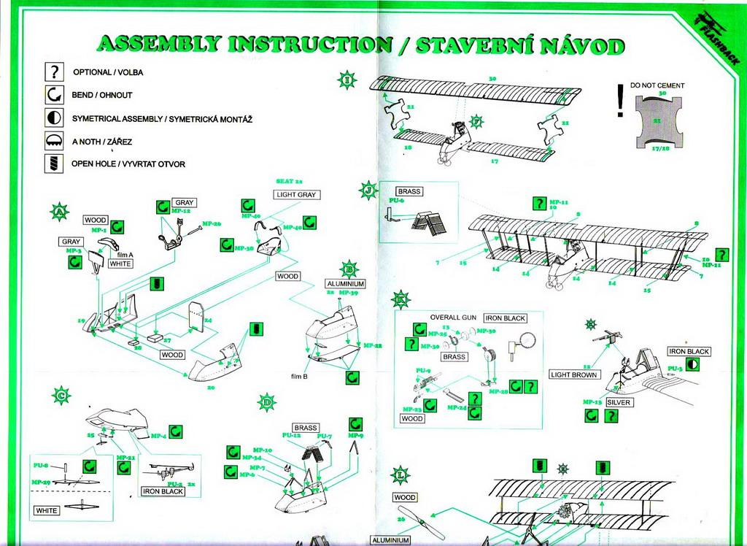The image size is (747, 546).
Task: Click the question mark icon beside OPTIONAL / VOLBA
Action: click(x=54, y=72)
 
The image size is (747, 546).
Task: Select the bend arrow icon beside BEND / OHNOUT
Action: click(x=54, y=95)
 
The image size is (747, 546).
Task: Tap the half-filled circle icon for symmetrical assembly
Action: click(x=54, y=118)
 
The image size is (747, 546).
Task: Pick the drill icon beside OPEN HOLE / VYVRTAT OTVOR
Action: click(x=54, y=164)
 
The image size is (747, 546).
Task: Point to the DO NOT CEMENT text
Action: click(x=657, y=85)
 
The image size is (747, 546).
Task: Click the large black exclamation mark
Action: click(x=619, y=101)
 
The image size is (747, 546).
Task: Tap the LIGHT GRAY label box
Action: click(x=295, y=195)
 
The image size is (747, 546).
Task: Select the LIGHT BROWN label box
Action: click(x=573, y=374)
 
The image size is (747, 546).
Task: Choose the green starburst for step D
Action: click(x=267, y=401)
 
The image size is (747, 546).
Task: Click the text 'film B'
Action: click(x=300, y=376)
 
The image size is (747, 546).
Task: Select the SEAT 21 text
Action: click(x=289, y=180)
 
